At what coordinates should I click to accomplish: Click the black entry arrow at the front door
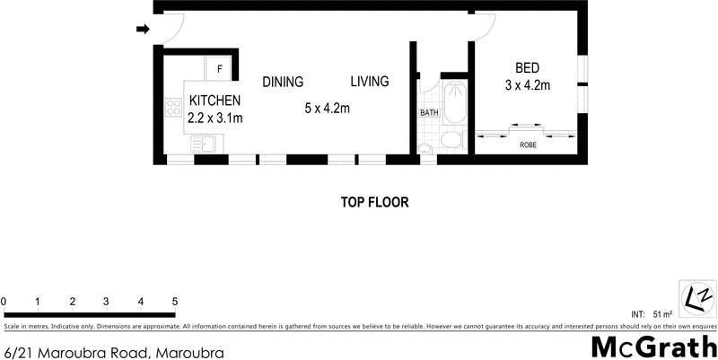[142, 30]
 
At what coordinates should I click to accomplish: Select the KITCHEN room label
[215, 101]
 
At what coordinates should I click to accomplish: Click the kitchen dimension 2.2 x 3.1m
[215, 117]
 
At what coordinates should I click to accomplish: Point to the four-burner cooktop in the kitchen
[172, 110]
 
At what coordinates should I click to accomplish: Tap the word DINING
[283, 82]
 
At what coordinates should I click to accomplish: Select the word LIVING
[369, 82]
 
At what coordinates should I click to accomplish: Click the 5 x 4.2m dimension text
[327, 109]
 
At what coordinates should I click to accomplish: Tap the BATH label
[429, 113]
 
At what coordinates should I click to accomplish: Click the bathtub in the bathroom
[455, 104]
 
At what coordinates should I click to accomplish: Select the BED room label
[527, 68]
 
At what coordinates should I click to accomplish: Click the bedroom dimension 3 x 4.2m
[527, 85]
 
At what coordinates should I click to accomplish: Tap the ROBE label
[529, 144]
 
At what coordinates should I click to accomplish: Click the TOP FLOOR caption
[374, 202]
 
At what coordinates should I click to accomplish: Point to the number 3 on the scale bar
[106, 301]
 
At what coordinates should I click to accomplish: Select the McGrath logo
[653, 347]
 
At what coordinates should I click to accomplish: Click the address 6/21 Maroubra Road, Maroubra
[113, 352]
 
